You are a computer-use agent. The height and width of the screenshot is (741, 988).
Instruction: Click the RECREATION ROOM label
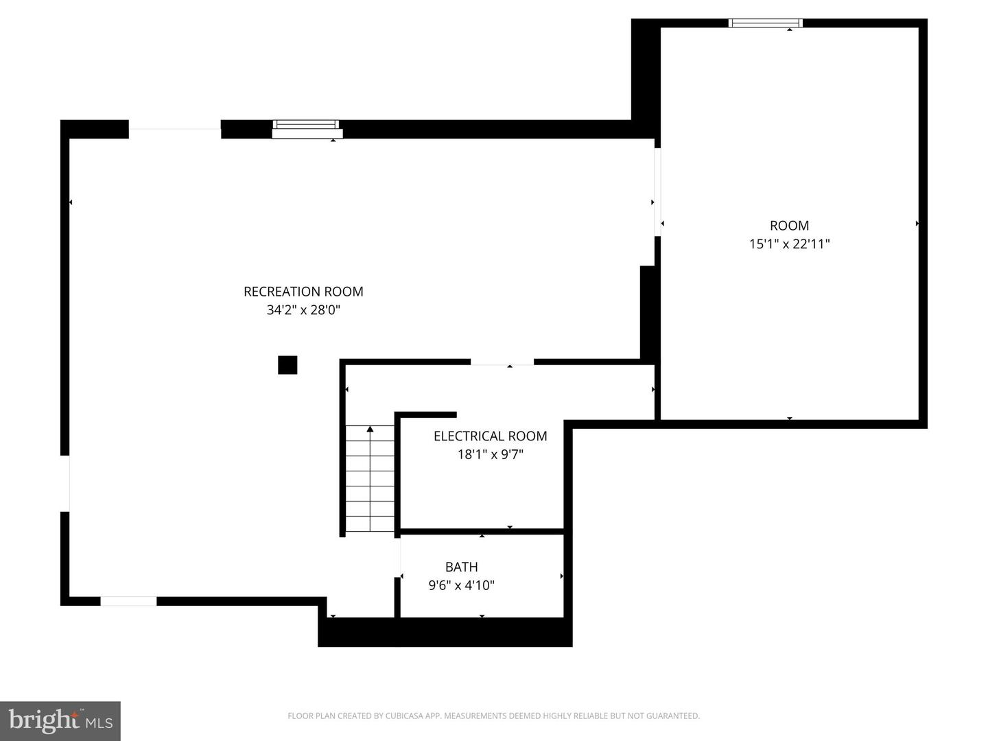coord(303,292)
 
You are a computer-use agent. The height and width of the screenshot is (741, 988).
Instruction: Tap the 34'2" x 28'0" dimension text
coord(303,310)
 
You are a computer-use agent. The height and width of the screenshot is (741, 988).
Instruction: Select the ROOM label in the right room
coord(789,226)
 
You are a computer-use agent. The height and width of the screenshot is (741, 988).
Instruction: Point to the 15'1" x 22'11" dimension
coord(789,244)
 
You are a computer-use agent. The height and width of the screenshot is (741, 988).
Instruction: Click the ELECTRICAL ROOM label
coord(490,436)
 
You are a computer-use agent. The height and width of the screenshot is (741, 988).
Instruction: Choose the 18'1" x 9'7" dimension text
coord(490,454)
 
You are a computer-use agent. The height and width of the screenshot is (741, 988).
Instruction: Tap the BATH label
coord(461,567)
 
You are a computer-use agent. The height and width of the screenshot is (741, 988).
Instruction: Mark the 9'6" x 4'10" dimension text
coord(461,585)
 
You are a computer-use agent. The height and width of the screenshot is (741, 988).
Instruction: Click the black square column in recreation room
coord(287,365)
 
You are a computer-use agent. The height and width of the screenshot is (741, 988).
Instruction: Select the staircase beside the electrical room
coord(370,479)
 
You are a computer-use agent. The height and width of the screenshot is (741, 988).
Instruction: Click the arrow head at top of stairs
coord(370,430)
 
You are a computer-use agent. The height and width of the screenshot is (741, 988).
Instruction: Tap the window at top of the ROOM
coord(765,23)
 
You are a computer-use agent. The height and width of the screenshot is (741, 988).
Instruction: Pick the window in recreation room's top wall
coord(306,129)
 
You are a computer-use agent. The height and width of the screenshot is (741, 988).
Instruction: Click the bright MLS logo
coord(60,720)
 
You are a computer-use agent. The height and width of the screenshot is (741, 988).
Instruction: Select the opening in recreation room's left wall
coord(65,484)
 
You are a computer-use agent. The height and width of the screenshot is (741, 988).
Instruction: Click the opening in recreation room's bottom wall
coord(128,602)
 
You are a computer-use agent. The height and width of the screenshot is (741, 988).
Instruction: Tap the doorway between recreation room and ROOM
coord(657,192)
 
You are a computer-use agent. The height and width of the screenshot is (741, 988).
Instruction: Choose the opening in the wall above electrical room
coord(502,362)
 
